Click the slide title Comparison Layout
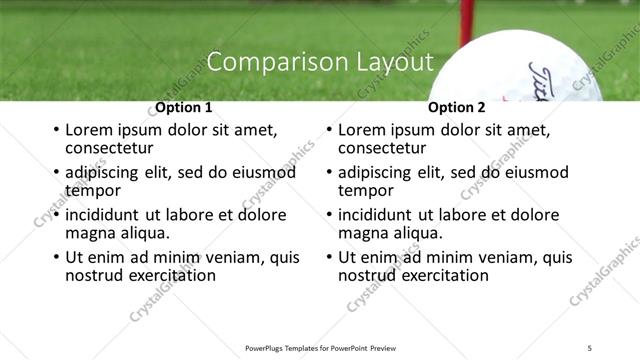(x=320, y=62)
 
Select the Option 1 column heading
(x=184, y=107)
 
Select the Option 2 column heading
(x=456, y=107)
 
